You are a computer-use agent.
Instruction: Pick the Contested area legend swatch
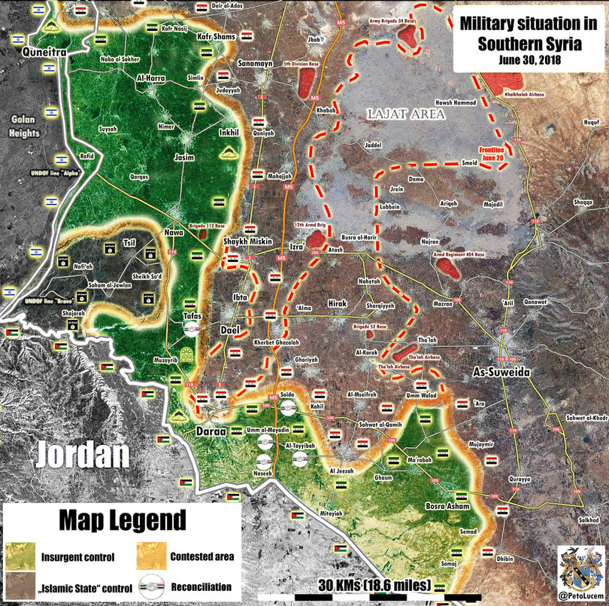point(150,557)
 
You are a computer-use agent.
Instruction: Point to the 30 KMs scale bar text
point(373,585)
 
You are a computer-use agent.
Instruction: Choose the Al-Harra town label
point(150,77)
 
